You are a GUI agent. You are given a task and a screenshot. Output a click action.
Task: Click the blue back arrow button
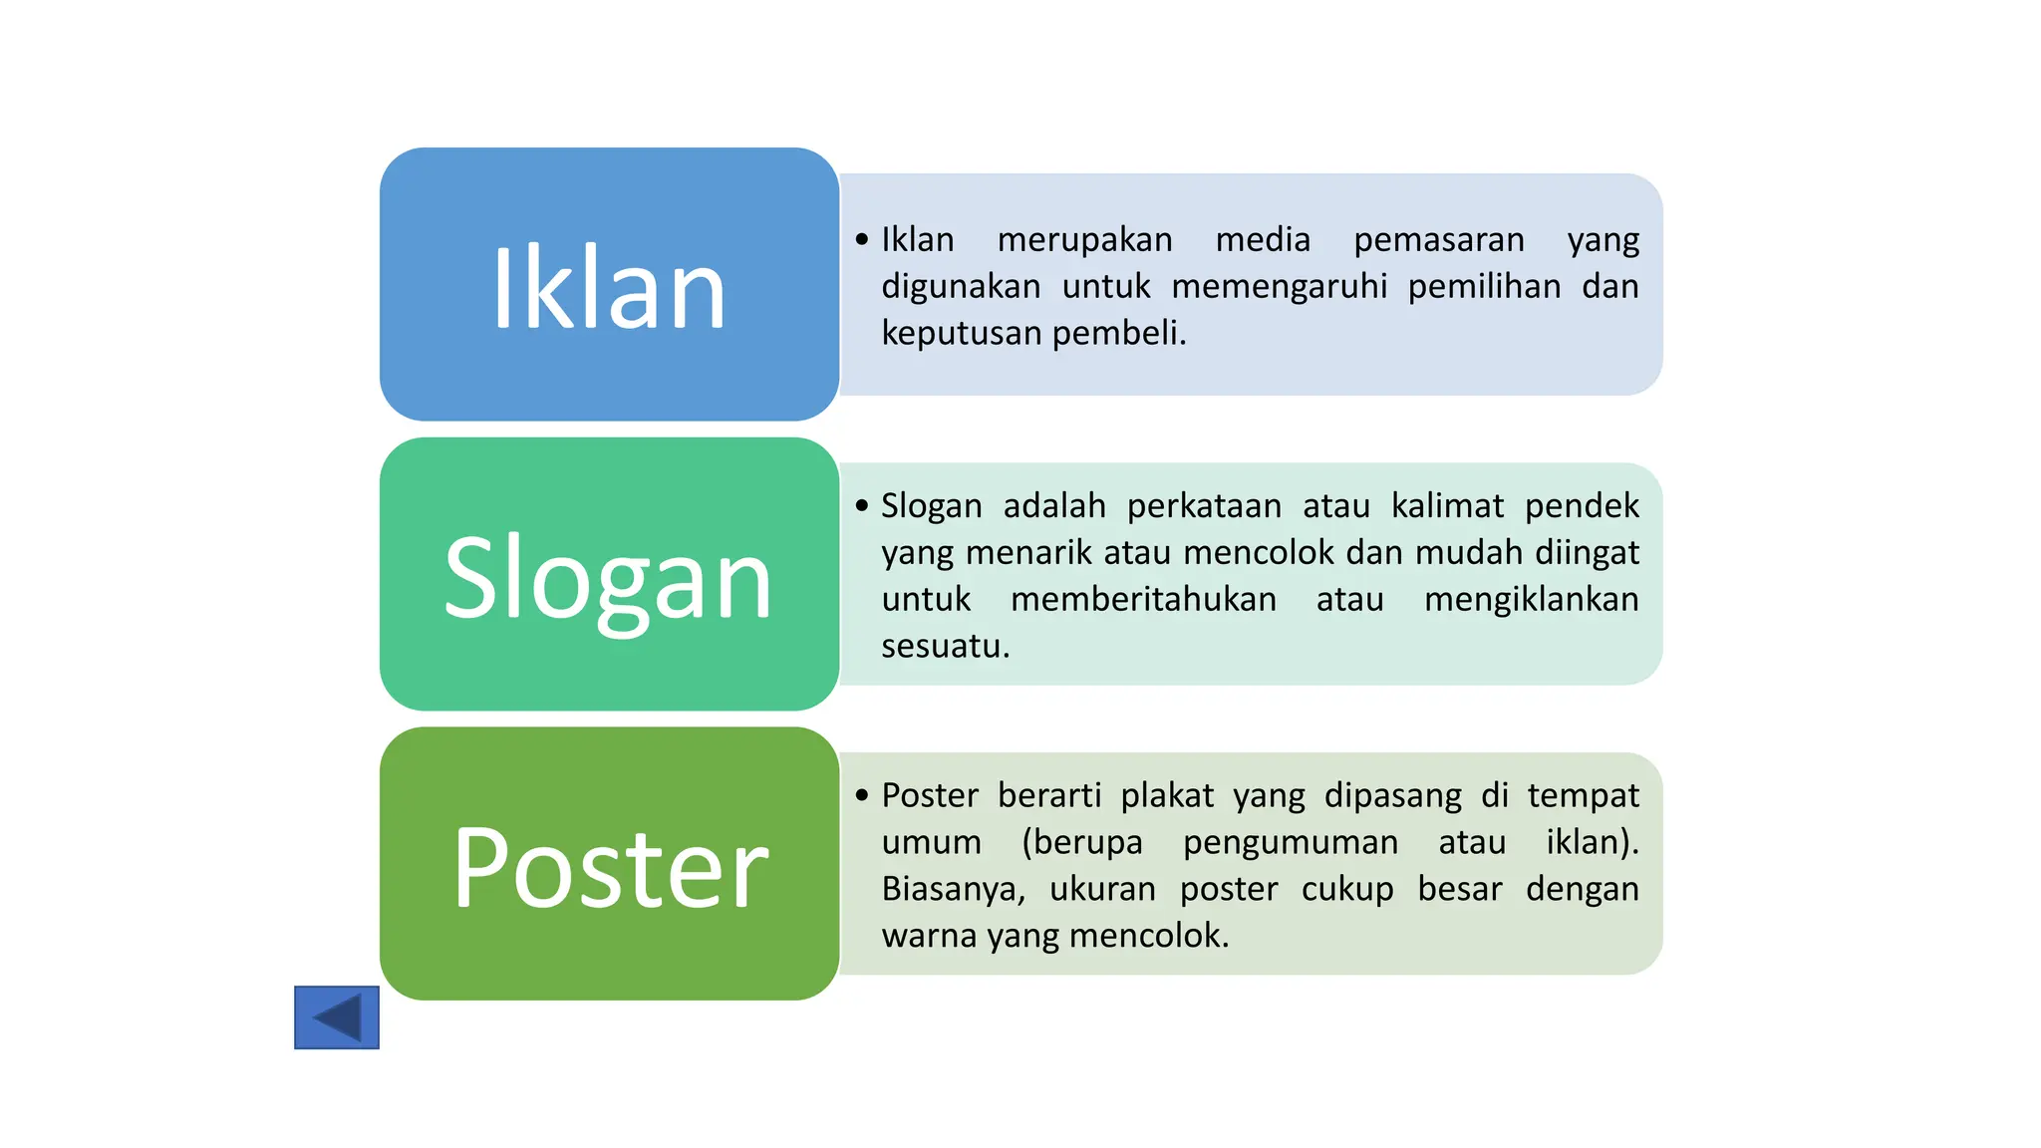coord(337,1017)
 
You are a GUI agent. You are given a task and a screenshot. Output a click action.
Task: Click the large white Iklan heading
coord(609,288)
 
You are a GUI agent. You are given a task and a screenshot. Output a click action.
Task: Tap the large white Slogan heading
coord(609,579)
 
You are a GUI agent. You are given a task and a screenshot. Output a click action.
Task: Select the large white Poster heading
coord(610,869)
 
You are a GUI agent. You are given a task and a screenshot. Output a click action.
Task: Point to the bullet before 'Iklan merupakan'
coord(862,240)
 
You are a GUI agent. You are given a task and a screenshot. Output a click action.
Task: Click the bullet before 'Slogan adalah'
coord(862,506)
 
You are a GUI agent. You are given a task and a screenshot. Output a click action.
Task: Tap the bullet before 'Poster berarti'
coord(862,795)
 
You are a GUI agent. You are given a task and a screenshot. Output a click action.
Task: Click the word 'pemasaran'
coord(1438,240)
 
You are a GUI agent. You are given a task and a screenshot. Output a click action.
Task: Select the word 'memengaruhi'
coord(1279,287)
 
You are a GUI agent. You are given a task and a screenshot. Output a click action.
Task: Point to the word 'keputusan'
coord(961,334)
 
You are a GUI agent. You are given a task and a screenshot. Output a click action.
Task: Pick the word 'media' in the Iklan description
coord(1263,240)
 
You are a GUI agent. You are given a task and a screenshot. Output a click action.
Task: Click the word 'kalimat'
coord(1447,506)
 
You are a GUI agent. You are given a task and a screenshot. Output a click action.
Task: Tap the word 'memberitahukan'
coord(1143,600)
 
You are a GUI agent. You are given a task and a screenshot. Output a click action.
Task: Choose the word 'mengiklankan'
coord(1531,600)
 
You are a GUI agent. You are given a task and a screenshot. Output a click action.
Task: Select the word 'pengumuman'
coord(1291,843)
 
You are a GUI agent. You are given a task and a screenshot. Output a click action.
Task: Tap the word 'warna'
coord(929,936)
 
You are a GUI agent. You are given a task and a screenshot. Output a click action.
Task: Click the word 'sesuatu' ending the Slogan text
coord(944,647)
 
